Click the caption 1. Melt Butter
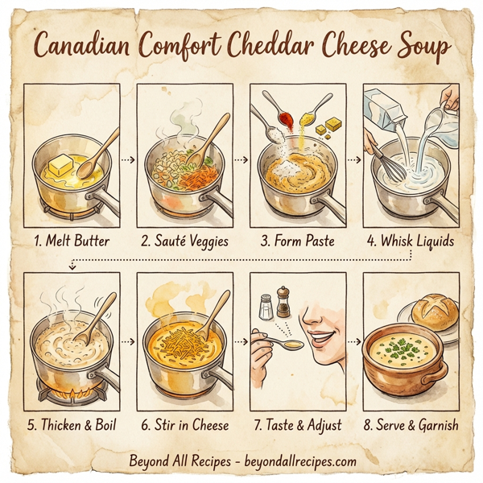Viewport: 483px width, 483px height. pyautogui.click(x=72, y=240)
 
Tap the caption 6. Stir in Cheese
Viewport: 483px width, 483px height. pyautogui.click(x=185, y=425)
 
